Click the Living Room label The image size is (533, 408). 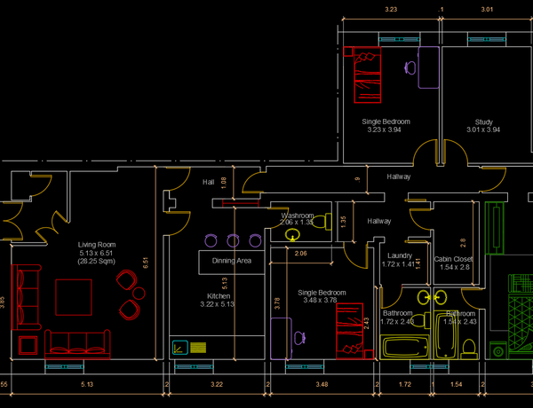point(97,244)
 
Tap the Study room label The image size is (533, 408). point(483,122)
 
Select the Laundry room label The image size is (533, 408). point(400,255)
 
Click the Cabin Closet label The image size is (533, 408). point(454,259)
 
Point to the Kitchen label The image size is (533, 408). point(219,296)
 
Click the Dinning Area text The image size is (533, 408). point(231,261)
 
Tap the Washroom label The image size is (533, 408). point(297,216)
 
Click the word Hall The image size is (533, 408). point(209,182)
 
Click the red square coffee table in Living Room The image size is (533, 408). point(73,297)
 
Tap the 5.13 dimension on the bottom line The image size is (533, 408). point(87,384)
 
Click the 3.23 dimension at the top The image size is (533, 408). point(390,9)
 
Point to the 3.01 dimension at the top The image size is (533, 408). point(487,9)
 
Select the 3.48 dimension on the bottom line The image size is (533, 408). point(322,384)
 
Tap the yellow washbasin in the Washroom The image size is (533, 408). point(293,235)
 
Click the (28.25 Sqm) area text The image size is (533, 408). point(97,262)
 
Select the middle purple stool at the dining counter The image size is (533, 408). point(233,240)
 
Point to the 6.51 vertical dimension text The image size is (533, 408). point(146,263)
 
